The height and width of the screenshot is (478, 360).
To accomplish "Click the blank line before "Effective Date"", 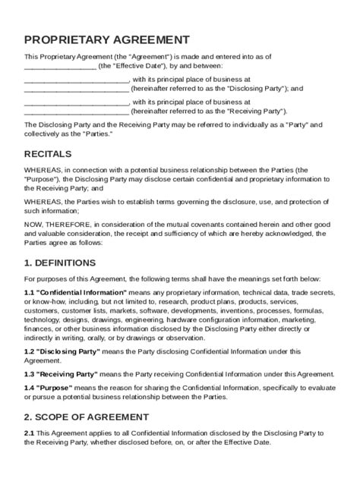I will (60, 68).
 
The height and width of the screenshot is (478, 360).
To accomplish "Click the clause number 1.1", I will (30, 291).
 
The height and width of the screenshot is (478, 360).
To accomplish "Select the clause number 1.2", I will (30, 351).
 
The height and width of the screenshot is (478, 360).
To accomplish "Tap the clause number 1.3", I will (30, 375).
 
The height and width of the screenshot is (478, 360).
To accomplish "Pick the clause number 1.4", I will (30, 387).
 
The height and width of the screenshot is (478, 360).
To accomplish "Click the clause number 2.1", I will (30, 433).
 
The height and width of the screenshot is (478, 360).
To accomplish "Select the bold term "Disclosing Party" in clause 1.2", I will (65, 351).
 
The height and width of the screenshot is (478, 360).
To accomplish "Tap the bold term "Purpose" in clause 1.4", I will (54, 387).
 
